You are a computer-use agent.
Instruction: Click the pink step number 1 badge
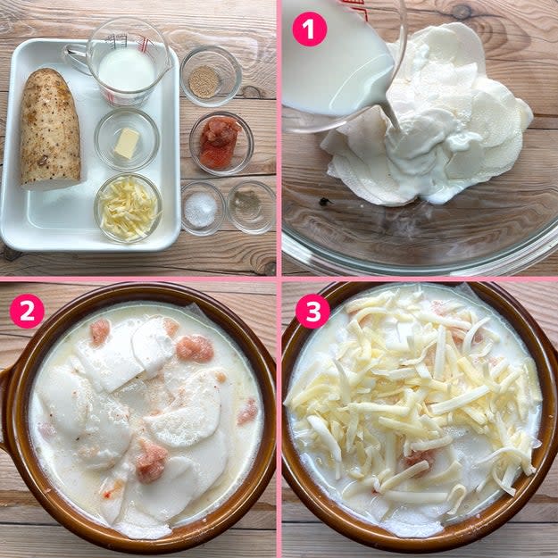click(309, 29)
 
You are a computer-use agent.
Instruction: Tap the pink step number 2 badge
click(27, 311)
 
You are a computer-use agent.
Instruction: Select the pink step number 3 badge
click(312, 312)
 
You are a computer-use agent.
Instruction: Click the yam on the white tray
click(49, 128)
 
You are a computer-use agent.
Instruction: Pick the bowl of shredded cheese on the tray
click(129, 208)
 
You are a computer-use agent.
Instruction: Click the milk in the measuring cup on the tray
click(127, 70)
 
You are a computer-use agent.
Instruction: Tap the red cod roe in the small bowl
click(220, 142)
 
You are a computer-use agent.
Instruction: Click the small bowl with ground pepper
click(251, 207)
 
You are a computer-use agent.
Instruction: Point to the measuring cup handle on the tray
click(76, 58)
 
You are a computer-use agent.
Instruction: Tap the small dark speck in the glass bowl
click(324, 202)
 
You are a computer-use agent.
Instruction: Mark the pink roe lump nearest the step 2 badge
click(99, 331)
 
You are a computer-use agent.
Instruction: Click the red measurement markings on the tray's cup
click(144, 42)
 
